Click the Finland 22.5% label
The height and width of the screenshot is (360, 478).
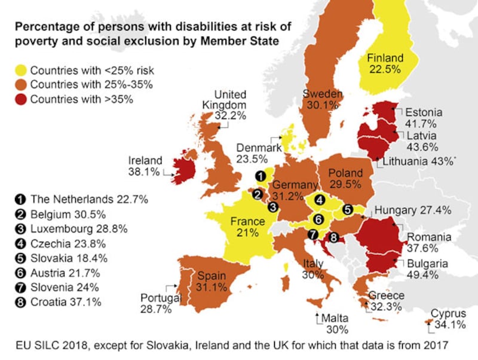[x=385, y=64]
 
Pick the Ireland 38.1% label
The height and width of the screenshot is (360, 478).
[x=145, y=166]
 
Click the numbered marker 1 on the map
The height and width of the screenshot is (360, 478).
[x=260, y=176]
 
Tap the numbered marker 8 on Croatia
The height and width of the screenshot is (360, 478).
[x=333, y=237]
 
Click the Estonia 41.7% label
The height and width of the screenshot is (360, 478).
[x=423, y=118]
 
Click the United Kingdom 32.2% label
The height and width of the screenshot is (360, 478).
[x=230, y=105]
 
